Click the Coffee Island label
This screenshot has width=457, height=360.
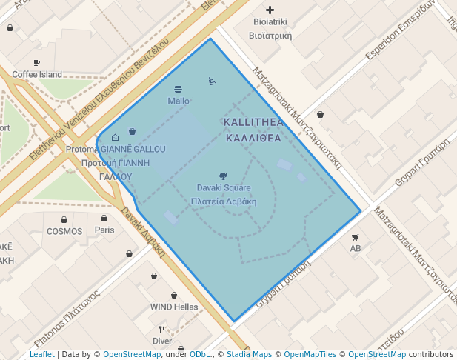pyautogui.click(x=37, y=74)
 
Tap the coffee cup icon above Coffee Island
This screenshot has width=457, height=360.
pyautogui.click(x=37, y=63)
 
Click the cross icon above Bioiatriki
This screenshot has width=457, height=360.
pyautogui.click(x=270, y=10)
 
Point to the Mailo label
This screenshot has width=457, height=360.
pyautogui.click(x=179, y=101)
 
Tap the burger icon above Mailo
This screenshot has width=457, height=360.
pyautogui.click(x=178, y=90)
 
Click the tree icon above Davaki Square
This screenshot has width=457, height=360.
pyautogui.click(x=224, y=176)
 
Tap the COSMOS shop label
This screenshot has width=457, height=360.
pyautogui.click(x=64, y=231)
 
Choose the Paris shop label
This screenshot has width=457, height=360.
pyautogui.click(x=104, y=230)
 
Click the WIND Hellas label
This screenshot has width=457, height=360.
pyautogui.click(x=174, y=307)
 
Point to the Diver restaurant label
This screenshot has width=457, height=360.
pyautogui.click(x=161, y=341)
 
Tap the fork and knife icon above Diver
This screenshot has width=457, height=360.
pyautogui.click(x=161, y=330)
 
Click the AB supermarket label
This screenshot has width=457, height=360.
pyautogui.click(x=355, y=248)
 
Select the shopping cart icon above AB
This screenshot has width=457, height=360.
pyautogui.click(x=355, y=237)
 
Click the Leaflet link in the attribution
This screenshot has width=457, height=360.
pyautogui.click(x=42, y=354)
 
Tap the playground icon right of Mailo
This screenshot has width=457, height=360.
pyautogui.click(x=212, y=81)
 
